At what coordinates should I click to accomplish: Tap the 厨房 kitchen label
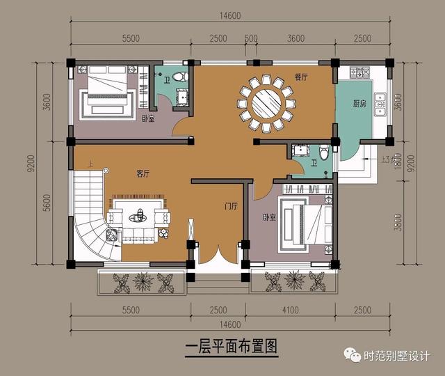tap(359, 104)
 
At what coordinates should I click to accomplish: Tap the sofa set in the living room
tap(139, 217)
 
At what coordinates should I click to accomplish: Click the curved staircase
tap(91, 212)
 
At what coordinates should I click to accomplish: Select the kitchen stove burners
tap(362, 72)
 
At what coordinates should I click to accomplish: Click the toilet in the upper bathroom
tap(181, 76)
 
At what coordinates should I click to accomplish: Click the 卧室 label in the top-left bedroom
tap(147, 119)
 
